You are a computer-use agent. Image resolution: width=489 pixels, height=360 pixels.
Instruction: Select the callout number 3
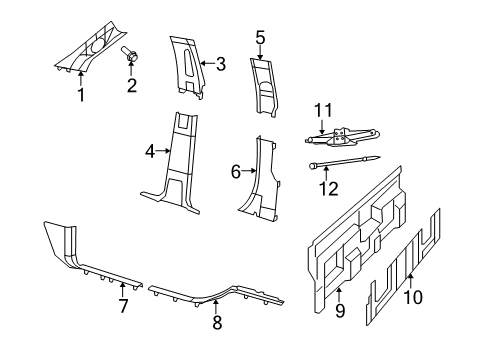(x=220, y=64)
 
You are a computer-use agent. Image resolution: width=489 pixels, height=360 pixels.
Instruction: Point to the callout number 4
(x=150, y=152)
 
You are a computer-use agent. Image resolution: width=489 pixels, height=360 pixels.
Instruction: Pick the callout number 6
(x=236, y=172)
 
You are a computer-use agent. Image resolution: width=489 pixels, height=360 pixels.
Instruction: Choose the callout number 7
(x=124, y=307)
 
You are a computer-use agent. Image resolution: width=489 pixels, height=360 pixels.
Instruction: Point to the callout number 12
(x=322, y=185)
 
